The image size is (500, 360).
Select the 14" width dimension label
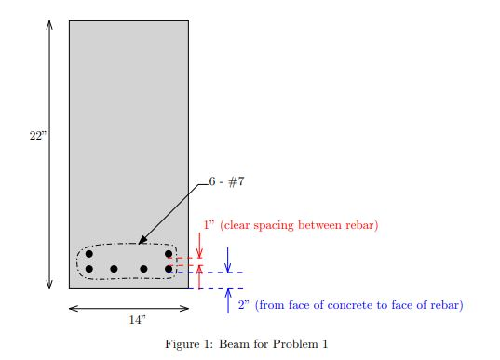pos(137,319)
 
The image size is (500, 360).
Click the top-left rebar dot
pos(89,253)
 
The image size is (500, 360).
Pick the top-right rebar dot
pos(169,253)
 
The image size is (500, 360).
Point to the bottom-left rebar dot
pos(89,269)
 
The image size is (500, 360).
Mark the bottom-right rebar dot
pos(169,269)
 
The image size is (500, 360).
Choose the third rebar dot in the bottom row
pos(143,269)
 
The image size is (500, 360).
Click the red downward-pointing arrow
pos(199,249)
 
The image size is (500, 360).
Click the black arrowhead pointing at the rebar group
pos(141,241)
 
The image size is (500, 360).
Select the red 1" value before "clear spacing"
pos(208,225)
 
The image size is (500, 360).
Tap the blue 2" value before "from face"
pos(242,305)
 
